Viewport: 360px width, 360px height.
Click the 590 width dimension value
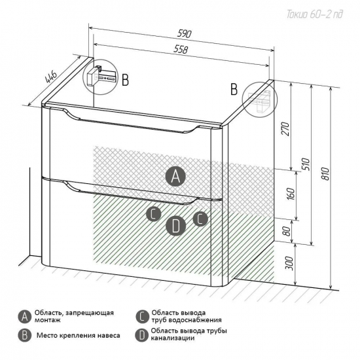(184, 34)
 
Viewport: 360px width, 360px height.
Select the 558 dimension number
(181, 49)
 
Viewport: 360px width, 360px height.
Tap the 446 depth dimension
(52, 77)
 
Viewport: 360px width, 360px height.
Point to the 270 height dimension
(286, 129)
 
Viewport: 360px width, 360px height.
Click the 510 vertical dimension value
(307, 164)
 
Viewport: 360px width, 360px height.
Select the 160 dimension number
(291, 194)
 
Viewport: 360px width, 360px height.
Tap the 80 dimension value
(286, 231)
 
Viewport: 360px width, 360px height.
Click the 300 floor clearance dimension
(290, 263)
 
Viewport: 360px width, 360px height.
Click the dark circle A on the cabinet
(175, 176)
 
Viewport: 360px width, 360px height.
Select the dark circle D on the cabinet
(175, 226)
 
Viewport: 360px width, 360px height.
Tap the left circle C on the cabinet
(154, 214)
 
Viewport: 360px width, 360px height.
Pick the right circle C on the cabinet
(200, 219)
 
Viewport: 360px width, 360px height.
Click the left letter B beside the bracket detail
(125, 80)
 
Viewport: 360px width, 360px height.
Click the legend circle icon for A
(25, 317)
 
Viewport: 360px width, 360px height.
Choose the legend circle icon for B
(25, 336)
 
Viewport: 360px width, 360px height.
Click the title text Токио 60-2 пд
(315, 14)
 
